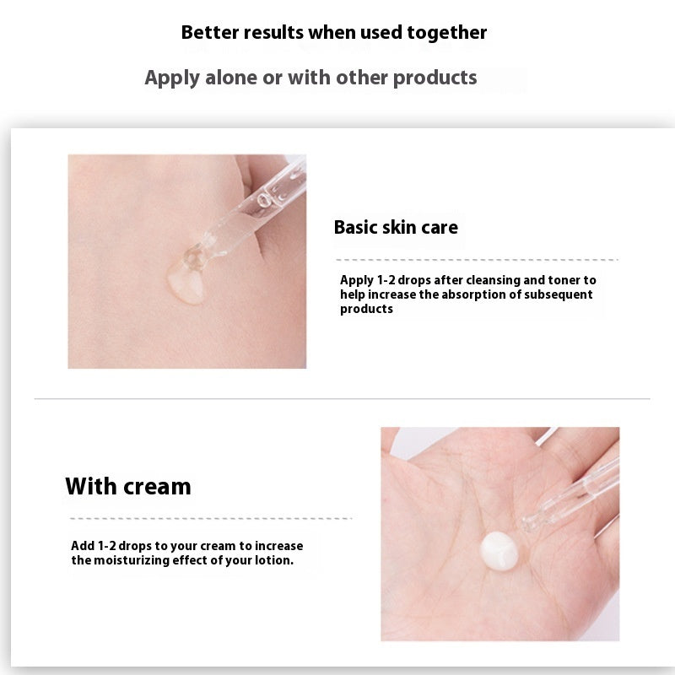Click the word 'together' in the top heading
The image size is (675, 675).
(446, 33)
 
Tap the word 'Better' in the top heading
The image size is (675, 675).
(208, 33)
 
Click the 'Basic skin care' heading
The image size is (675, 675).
(396, 227)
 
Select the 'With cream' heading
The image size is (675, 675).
(128, 487)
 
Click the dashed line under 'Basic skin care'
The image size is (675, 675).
(477, 259)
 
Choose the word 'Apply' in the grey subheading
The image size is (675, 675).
(173, 78)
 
